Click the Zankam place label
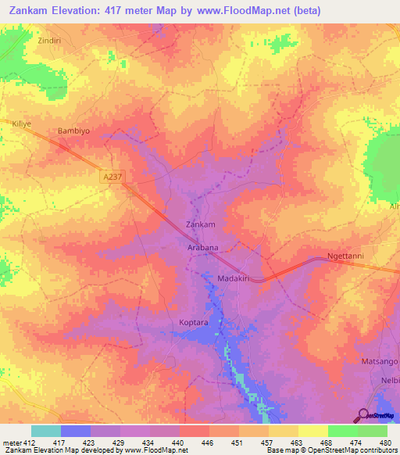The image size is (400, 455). point(199,224)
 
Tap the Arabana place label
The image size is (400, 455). point(202,247)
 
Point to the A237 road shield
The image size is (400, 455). point(114,179)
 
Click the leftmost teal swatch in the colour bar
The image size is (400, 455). point(46,431)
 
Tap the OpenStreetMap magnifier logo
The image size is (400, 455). point(364,415)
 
